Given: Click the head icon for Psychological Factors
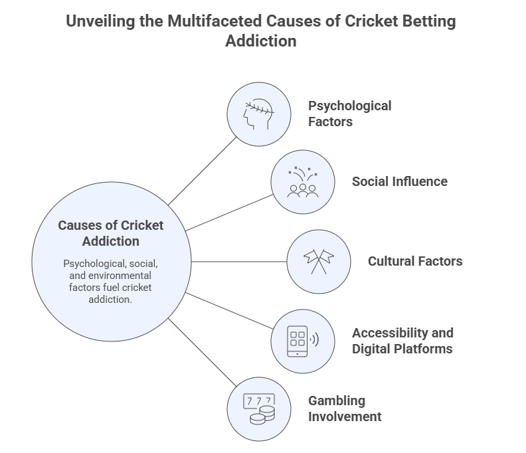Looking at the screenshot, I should (x=259, y=114).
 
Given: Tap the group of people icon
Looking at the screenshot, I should (x=302, y=182).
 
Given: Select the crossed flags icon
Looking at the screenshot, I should (x=318, y=261).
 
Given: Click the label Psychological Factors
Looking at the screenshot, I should (x=349, y=114).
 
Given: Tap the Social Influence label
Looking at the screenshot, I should (x=399, y=181).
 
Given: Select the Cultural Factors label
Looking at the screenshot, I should (x=415, y=261).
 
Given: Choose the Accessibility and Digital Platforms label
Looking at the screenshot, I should (x=402, y=341).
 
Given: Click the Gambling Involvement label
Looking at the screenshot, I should (x=345, y=408).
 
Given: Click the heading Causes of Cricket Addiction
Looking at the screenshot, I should (x=110, y=233).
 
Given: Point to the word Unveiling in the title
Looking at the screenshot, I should (x=106, y=21).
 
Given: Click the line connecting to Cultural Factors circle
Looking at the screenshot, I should (x=237, y=261).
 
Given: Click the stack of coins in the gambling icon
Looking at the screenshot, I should (x=260, y=416).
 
